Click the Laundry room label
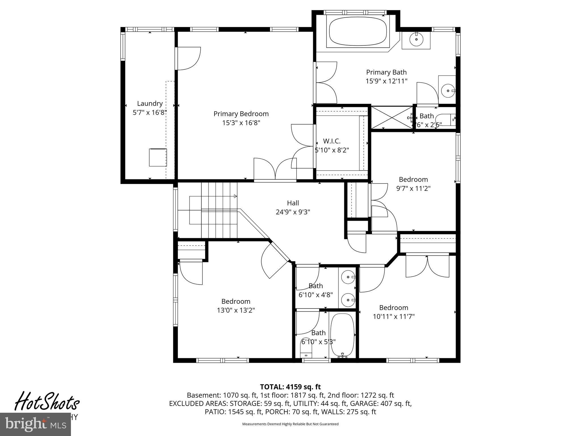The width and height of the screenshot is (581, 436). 150,104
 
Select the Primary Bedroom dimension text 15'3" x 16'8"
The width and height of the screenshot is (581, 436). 241,123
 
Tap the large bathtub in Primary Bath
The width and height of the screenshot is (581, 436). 358,31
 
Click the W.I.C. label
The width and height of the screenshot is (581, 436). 332,141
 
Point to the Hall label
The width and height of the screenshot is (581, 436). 293,203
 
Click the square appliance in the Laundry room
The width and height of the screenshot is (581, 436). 158,157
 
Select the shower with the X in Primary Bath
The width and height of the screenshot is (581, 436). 391,117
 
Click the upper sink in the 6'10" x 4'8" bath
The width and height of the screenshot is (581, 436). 348,277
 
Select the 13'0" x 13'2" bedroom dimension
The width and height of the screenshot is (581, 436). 236,310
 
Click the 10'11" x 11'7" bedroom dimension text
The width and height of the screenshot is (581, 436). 393,316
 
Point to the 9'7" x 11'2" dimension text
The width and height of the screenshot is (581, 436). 413,188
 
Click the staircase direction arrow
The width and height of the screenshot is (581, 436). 235,196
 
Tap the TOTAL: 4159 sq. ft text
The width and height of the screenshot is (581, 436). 290,387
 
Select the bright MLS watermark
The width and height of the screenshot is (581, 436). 35,425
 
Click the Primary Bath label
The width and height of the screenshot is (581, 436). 386,72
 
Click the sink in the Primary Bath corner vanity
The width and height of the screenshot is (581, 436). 416,39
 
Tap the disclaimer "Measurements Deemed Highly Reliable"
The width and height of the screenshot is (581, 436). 290,424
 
